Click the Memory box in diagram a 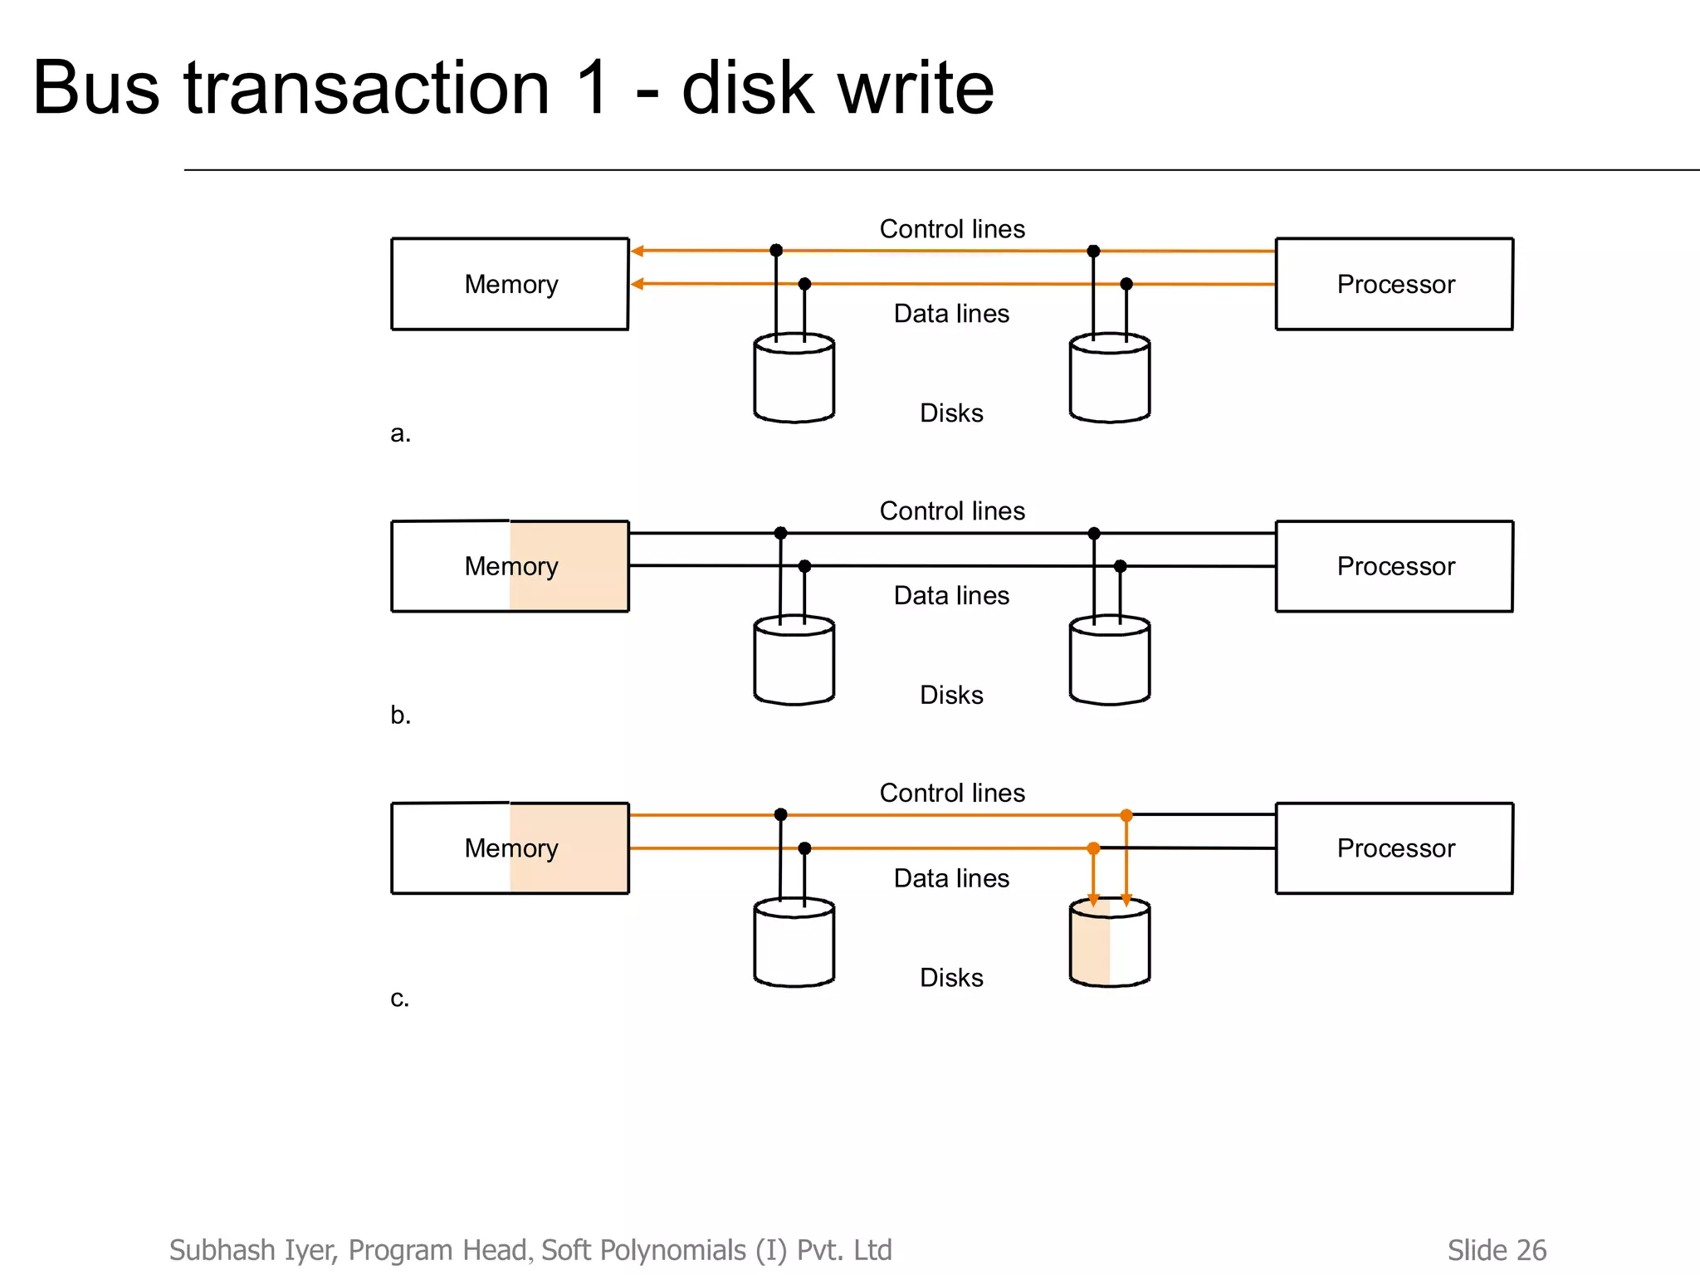click(510, 284)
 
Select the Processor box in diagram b click(1394, 566)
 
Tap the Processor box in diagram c click(1394, 848)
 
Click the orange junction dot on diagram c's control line click(1126, 815)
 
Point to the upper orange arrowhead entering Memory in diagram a click(637, 251)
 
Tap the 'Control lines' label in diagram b click(952, 511)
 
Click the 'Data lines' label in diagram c click(951, 878)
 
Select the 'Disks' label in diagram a click(951, 413)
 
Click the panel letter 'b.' click(400, 715)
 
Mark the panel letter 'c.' click(399, 998)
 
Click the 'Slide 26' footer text click(1496, 1250)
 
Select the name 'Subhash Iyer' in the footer click(253, 1250)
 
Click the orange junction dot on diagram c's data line click(1093, 848)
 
